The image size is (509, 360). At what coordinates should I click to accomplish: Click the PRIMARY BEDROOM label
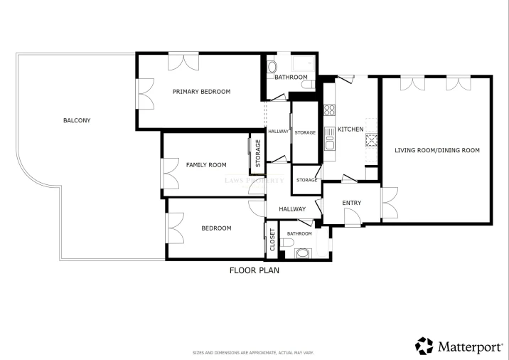201,92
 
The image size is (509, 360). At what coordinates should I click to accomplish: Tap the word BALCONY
77,120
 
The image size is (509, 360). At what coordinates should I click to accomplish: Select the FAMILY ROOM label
206,165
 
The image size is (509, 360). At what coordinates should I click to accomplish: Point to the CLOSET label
272,240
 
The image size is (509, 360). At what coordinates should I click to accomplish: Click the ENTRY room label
351,203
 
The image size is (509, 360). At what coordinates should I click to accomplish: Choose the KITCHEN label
350,129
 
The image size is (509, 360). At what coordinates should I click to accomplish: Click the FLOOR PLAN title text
254,270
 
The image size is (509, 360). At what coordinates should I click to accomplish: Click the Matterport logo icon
424,346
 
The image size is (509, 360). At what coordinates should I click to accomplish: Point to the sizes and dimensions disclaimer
254,353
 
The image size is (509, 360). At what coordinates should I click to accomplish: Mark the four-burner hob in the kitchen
330,110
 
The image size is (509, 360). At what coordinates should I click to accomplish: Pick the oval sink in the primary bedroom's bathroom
272,69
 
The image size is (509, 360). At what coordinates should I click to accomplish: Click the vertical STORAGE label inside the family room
258,151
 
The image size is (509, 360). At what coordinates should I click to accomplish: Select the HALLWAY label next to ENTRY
292,209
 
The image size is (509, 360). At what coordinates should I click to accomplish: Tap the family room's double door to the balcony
170,174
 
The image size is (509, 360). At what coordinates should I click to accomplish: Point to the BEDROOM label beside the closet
216,228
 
